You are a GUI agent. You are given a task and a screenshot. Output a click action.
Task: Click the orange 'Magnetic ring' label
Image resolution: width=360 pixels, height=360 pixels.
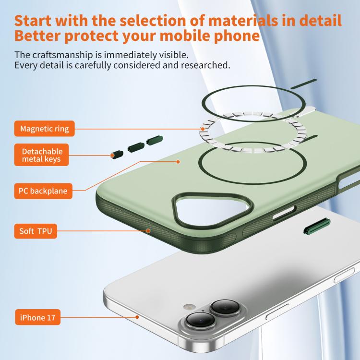tap(44, 129)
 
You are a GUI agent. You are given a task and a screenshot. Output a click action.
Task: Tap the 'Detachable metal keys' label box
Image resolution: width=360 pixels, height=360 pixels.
tap(42, 155)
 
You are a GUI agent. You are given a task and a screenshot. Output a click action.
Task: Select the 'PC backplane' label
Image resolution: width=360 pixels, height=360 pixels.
tap(43, 191)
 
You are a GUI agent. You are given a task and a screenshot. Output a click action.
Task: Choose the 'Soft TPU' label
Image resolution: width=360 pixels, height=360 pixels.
tap(36, 231)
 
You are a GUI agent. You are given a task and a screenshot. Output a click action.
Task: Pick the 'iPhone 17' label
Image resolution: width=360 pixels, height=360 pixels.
tap(37, 317)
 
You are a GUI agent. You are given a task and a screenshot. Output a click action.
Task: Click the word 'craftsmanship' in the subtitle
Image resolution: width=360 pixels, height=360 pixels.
tap(62, 55)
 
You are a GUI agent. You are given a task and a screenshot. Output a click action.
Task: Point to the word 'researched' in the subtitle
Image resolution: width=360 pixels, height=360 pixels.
tap(204, 65)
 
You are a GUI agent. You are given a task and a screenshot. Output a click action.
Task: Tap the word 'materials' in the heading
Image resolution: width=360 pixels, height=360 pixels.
tap(243, 21)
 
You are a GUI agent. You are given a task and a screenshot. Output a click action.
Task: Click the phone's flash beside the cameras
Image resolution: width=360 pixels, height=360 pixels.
tap(190, 307)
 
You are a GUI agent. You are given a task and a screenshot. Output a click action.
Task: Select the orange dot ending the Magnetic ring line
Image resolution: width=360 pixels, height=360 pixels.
tap(203, 129)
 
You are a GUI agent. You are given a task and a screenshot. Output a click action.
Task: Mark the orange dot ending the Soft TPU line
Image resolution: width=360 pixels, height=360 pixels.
tap(148, 231)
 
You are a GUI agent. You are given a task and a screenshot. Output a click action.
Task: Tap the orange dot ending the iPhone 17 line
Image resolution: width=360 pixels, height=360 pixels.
tap(137, 317)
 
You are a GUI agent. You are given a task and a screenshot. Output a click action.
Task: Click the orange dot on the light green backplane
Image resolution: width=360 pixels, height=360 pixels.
tap(178, 162)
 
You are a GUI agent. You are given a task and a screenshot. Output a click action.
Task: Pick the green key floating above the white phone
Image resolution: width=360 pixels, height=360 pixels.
tap(317, 227)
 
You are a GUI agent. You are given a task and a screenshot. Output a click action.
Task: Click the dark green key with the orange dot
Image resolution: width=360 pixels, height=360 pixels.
tap(117, 155)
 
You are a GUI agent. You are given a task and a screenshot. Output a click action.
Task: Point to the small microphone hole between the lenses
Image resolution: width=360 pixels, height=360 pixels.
tap(203, 311)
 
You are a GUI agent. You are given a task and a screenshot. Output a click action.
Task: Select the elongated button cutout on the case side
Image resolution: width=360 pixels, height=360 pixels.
tap(284, 214)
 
